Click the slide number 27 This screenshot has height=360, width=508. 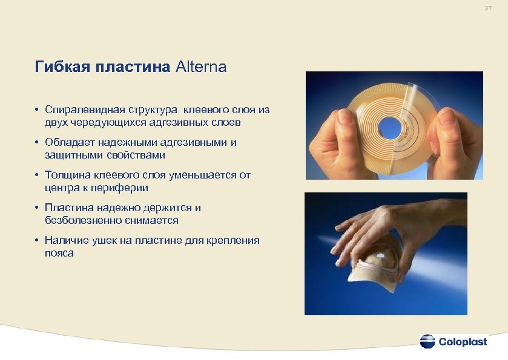tap(488, 8)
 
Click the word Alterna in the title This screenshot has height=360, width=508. tap(201, 67)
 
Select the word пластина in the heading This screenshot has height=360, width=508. tap(132, 67)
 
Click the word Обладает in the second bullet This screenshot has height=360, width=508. tap(66, 143)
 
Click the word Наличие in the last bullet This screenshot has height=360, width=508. tap(64, 241)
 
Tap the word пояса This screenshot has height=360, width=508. tap(59, 253)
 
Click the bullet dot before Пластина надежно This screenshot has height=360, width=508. tap(38, 208)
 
